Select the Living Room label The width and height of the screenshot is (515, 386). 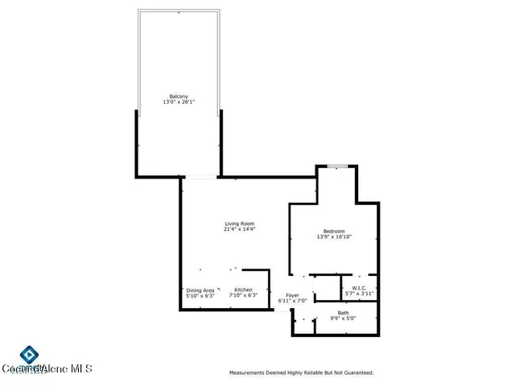tap(240, 223)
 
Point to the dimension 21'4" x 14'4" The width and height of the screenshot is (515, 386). tap(240, 229)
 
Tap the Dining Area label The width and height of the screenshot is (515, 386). tap(200, 289)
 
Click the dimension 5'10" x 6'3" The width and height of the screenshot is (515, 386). tap(200, 296)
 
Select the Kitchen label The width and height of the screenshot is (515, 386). tap(243, 289)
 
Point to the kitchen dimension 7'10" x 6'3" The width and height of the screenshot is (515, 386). tap(243, 296)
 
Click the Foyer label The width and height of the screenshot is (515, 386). tap(293, 295)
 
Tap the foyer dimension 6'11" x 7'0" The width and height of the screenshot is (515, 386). tap(293, 302)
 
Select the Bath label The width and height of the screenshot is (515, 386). tap(343, 313)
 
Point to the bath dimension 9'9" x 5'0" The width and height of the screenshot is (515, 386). tap(343, 318)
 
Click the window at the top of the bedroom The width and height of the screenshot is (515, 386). tap(337, 166)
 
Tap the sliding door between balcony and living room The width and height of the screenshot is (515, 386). tap(200, 177)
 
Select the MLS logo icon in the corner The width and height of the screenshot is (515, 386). tap(30, 355)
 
